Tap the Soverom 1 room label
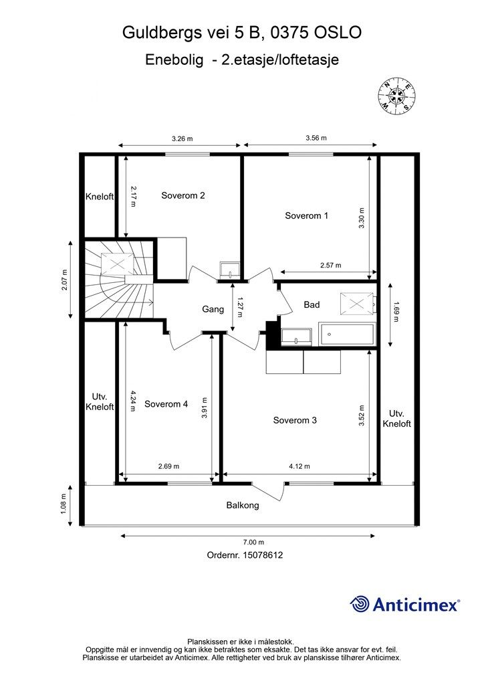(306, 215)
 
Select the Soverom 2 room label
(183, 195)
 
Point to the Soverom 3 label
(294, 420)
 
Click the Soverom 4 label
(166, 404)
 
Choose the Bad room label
(312, 304)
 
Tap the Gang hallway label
(213, 309)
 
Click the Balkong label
(242, 505)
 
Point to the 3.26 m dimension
(182, 138)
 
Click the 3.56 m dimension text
(316, 138)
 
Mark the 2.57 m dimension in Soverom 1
(330, 265)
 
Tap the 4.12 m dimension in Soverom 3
(299, 467)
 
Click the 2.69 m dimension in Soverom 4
(168, 467)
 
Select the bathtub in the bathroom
(347, 333)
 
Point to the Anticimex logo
(405, 604)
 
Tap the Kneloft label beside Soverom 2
(100, 197)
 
